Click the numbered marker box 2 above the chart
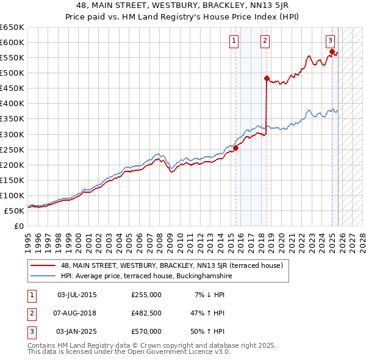pyautogui.click(x=265, y=41)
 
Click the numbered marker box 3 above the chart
pyautogui.click(x=330, y=41)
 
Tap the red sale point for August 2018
pyautogui.click(x=267, y=78)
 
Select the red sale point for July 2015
pyautogui.click(x=235, y=148)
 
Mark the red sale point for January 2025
pyautogui.click(x=332, y=51)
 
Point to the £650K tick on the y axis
pyautogui.click(x=12, y=27)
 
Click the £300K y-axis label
pyautogui.click(x=12, y=134)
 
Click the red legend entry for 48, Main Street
pyautogui.click(x=171, y=265)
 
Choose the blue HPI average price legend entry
pyautogui.click(x=146, y=276)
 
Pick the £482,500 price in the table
pyautogui.click(x=146, y=313)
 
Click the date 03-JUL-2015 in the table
pyautogui.click(x=77, y=295)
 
